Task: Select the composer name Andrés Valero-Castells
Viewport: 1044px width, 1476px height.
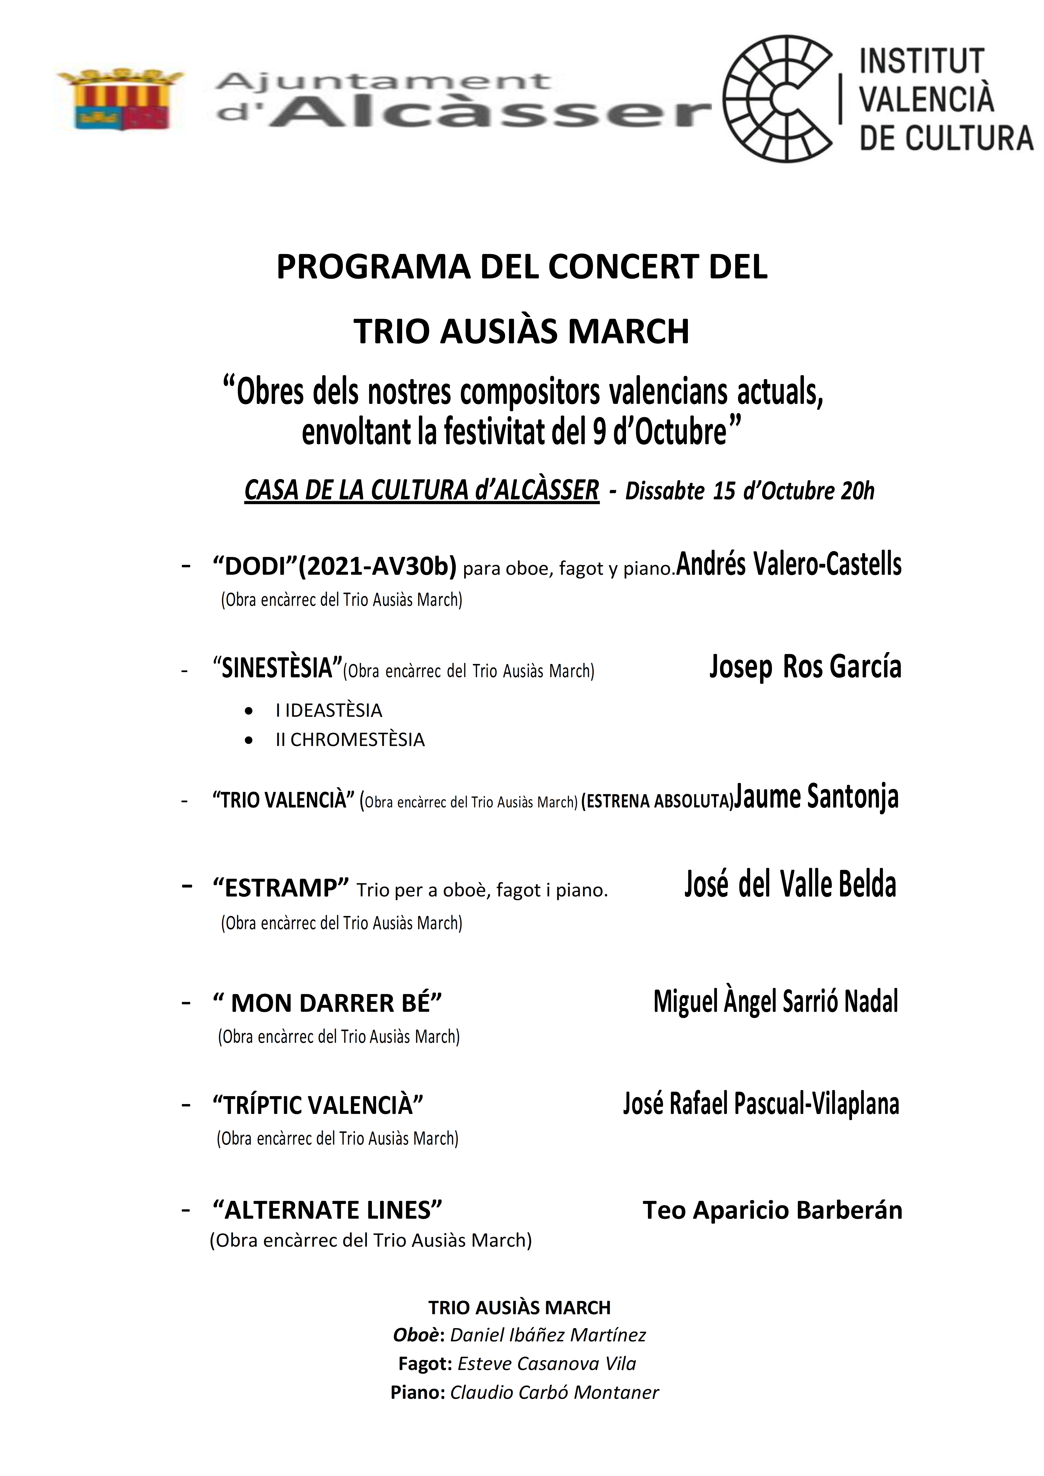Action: pyautogui.click(x=789, y=564)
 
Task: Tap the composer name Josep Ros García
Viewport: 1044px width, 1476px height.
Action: pyautogui.click(x=805, y=666)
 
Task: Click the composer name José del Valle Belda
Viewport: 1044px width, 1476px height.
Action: pyautogui.click(x=790, y=884)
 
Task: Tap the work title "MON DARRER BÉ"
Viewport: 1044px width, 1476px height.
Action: pyautogui.click(x=328, y=1003)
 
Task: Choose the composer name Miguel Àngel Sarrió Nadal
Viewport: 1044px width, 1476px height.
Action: pyautogui.click(x=775, y=1001)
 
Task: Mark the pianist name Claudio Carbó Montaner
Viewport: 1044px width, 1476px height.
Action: pyautogui.click(x=554, y=1392)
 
